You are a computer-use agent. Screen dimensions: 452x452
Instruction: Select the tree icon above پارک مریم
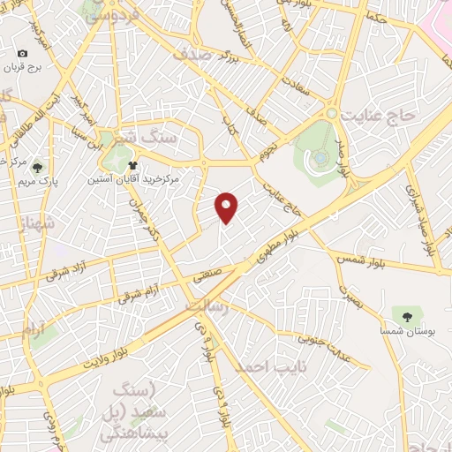point(37,166)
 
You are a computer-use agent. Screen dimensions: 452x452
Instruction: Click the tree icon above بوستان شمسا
point(407,315)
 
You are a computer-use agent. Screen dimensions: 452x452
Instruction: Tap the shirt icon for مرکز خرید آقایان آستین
point(132,164)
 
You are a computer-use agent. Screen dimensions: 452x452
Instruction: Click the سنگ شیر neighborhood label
point(159,139)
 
